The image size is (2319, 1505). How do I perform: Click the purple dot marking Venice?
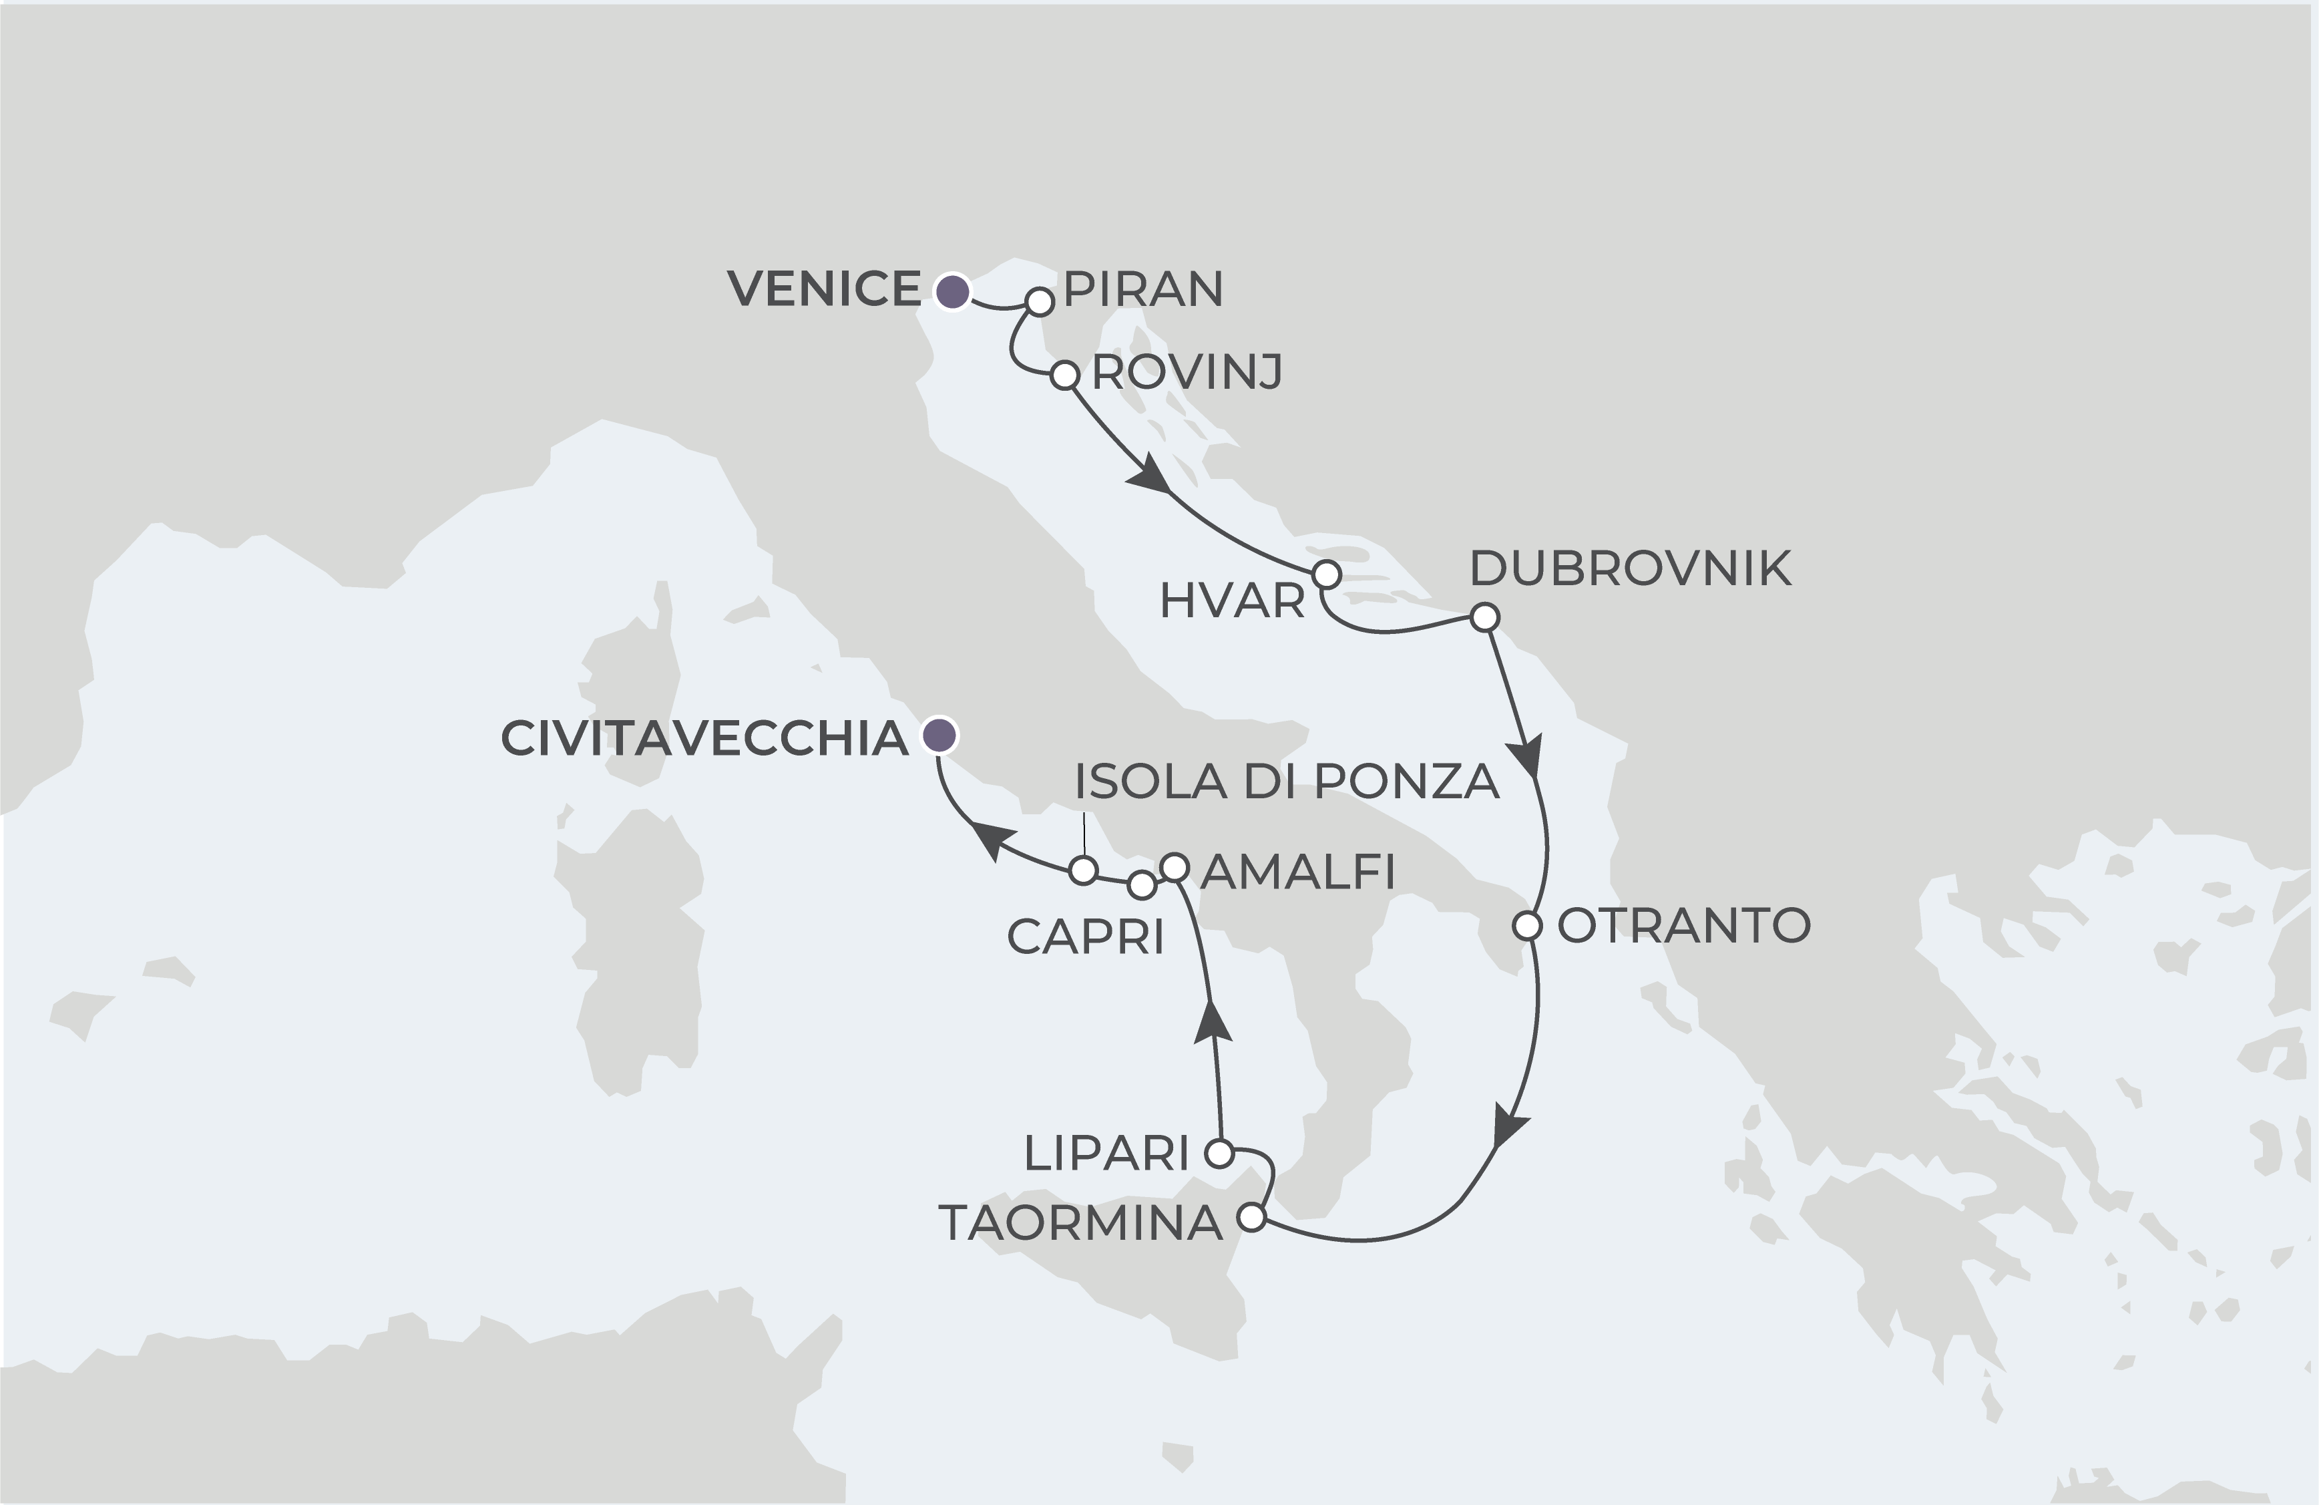point(952,291)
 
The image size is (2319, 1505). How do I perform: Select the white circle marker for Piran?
point(1040,301)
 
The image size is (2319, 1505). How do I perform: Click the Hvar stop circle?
point(1326,574)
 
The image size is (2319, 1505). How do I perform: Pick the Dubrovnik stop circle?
point(1484,617)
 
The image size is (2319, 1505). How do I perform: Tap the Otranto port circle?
point(1528,925)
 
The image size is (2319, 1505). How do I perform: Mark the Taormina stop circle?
point(1251,1218)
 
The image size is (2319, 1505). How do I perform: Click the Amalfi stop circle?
point(1175,866)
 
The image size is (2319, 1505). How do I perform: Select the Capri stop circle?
point(1141,885)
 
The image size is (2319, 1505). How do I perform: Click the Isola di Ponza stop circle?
point(1084,870)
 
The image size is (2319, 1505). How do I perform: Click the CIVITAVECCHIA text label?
point(704,739)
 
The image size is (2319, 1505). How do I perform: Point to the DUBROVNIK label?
point(1630,569)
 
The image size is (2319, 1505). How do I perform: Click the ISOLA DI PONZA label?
point(1286,782)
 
